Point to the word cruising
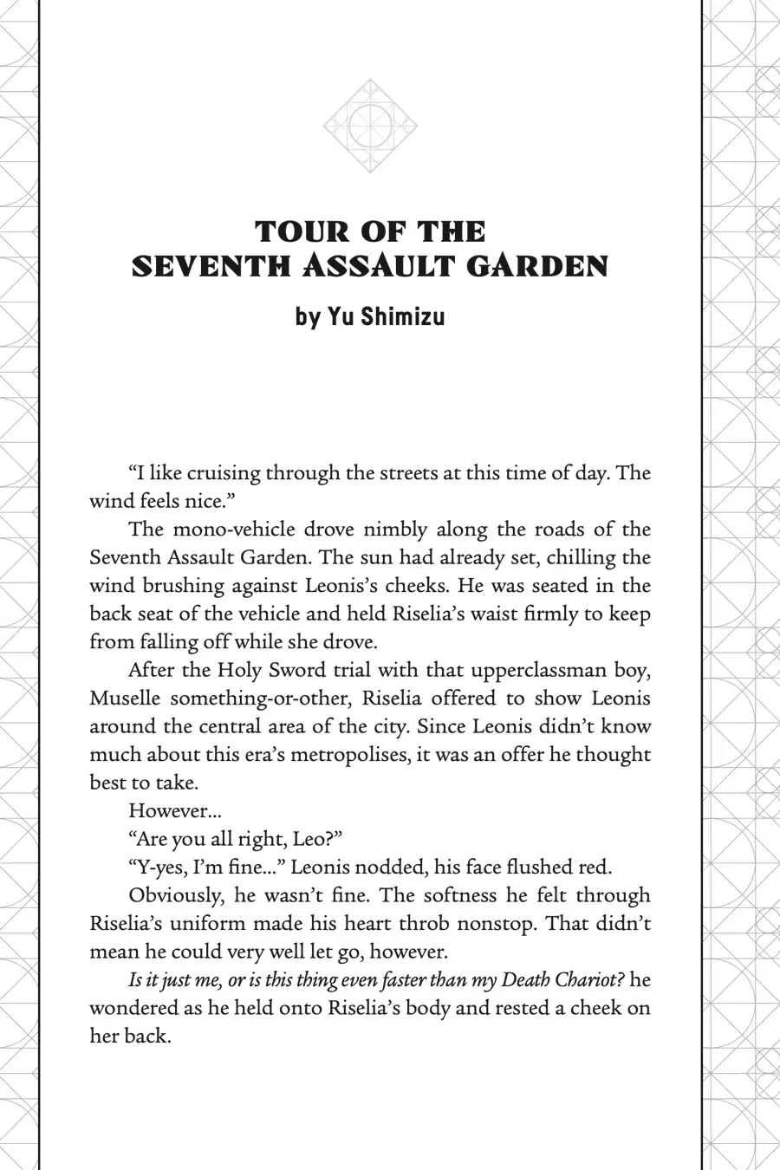[x=223, y=473]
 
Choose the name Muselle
[x=126, y=699]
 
